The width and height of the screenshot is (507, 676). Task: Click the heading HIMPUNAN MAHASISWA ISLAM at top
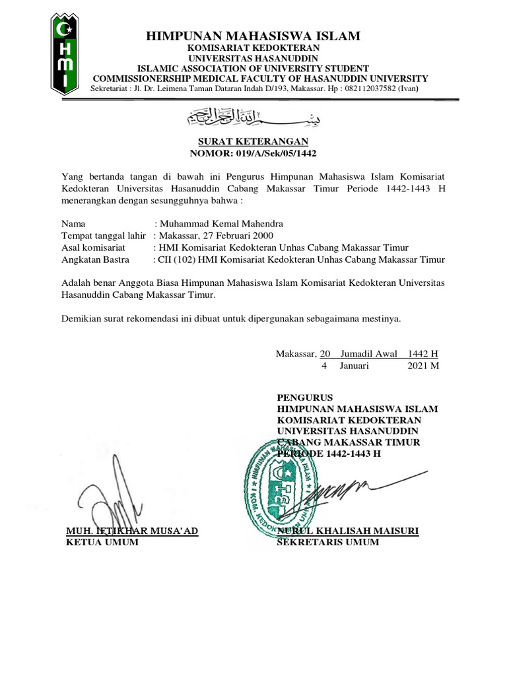click(x=253, y=36)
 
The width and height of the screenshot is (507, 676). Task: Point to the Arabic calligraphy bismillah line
click(x=254, y=118)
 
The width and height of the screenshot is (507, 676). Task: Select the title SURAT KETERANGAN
click(x=253, y=143)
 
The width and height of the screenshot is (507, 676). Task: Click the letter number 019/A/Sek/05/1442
click(x=273, y=154)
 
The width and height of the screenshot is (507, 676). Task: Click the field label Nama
click(x=73, y=224)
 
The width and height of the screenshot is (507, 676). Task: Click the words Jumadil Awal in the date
click(x=368, y=354)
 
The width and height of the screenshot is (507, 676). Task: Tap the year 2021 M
click(x=424, y=365)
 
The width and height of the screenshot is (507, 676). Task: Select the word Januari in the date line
click(x=355, y=365)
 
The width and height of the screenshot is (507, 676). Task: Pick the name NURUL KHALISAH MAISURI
click(x=349, y=531)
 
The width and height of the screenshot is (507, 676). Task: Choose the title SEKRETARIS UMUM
click(x=328, y=543)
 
